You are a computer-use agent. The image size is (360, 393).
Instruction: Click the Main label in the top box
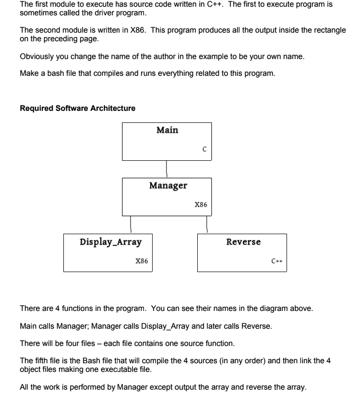[167, 130]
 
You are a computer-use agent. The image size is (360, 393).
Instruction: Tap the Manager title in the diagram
[168, 185]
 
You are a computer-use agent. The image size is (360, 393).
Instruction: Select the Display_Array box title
[110, 241]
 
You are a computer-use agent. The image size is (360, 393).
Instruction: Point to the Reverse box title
[243, 241]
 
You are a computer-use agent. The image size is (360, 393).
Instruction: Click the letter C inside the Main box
[204, 149]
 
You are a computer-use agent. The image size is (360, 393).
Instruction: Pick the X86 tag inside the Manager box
[201, 204]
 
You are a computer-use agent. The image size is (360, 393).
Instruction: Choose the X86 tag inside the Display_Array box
[142, 261]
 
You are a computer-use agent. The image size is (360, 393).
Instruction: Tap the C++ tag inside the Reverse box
[276, 261]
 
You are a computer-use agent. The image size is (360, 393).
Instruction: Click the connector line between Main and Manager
[167, 169]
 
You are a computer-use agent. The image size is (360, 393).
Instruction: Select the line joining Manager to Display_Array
[131, 225]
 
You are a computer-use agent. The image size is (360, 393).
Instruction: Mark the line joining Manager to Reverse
[207, 225]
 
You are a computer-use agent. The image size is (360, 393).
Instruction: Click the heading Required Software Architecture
[78, 108]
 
